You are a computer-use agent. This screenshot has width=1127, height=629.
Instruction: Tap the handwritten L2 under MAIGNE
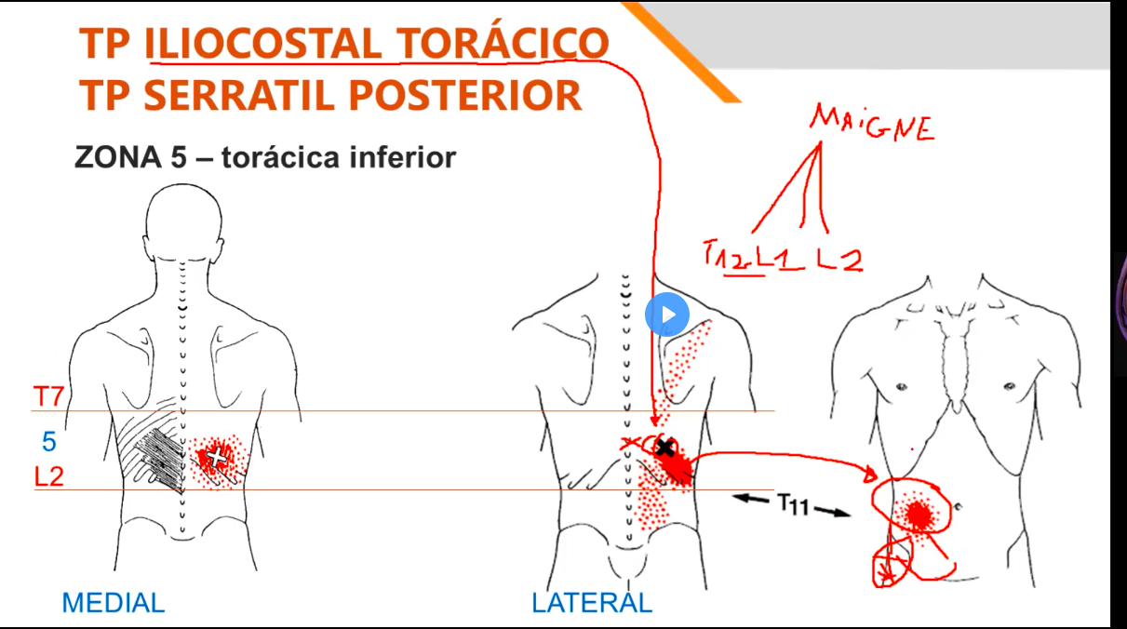pos(839,258)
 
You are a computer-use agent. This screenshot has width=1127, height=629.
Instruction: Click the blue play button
pos(666,314)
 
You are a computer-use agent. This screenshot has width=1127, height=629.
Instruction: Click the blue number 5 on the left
pos(49,440)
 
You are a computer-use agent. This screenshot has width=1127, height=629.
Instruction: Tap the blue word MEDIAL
pos(113,603)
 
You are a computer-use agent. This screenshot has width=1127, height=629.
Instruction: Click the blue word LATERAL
pos(592,603)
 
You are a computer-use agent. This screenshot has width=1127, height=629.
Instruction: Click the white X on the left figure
pos(217,456)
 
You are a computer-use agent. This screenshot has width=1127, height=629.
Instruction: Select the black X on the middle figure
pos(664,448)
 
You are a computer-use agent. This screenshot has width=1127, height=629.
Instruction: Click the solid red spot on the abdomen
pos(919,513)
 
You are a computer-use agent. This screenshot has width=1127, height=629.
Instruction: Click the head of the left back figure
pos(182,214)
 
